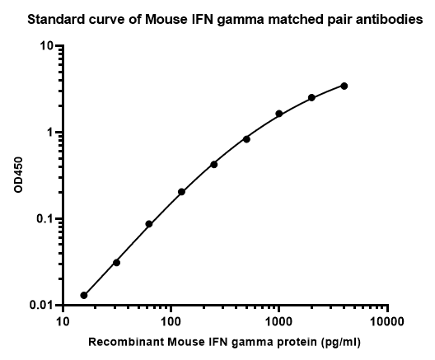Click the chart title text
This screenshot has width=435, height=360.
(x=225, y=20)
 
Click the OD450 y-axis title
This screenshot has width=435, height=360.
(x=18, y=175)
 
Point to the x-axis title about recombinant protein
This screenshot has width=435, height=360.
(x=224, y=342)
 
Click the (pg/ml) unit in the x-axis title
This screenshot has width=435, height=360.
(x=341, y=342)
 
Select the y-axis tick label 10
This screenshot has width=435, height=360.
(x=46, y=46)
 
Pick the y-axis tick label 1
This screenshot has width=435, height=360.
(x=50, y=133)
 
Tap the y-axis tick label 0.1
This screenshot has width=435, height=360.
(x=44, y=219)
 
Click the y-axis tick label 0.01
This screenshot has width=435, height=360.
(x=41, y=305)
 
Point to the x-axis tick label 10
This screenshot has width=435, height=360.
(x=63, y=322)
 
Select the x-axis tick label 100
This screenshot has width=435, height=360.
(x=171, y=322)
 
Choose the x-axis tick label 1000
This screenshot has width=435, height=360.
(x=278, y=322)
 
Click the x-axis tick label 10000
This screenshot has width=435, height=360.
(x=386, y=322)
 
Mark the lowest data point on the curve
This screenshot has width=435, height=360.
(x=84, y=296)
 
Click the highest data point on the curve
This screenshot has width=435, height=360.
(x=344, y=86)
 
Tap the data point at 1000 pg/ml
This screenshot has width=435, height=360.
(x=279, y=114)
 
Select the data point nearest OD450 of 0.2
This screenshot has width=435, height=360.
(x=181, y=192)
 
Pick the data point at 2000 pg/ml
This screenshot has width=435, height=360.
(x=311, y=97)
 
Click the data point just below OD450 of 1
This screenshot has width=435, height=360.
(x=246, y=139)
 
